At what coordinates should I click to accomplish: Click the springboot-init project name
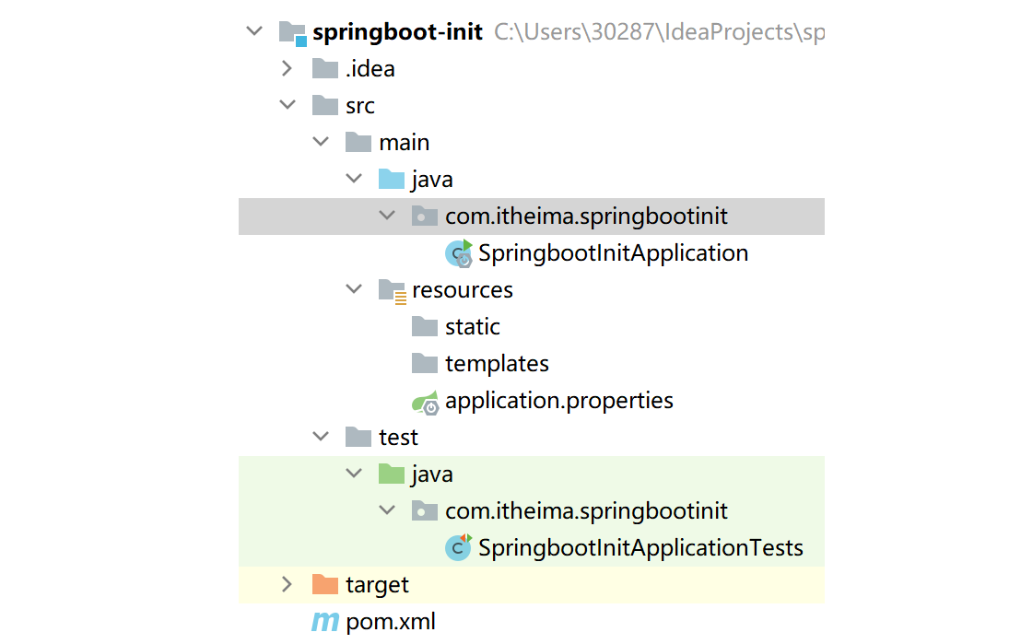point(397,32)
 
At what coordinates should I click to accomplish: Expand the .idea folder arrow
point(287,68)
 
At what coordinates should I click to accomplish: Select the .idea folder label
point(370,69)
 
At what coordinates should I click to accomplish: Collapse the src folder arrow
point(287,106)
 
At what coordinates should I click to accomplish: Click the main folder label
point(404,143)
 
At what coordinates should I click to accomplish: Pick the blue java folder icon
point(392,179)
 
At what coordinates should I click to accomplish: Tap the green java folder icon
point(392,474)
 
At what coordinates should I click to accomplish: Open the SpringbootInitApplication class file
point(613,253)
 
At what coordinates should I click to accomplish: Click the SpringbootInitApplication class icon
point(458,253)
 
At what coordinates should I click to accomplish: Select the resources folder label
point(462,290)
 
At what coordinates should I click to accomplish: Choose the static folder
point(472,327)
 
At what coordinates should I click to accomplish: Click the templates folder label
point(497,364)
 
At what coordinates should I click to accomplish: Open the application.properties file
point(558,401)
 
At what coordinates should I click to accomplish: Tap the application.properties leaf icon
point(425,402)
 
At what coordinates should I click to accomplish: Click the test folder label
point(398,438)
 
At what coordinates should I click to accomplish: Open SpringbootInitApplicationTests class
point(640,548)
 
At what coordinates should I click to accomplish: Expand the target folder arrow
point(287,584)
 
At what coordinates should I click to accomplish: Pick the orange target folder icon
point(325,584)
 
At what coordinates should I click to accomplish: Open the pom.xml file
point(391,622)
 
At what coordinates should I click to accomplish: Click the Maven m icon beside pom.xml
point(324,623)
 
